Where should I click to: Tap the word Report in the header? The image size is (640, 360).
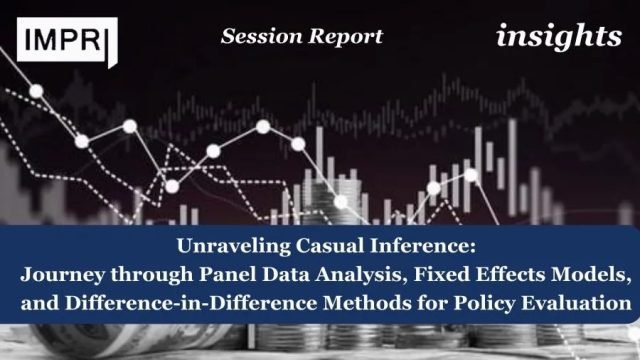(344, 37)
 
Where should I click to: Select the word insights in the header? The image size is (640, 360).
(558, 37)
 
